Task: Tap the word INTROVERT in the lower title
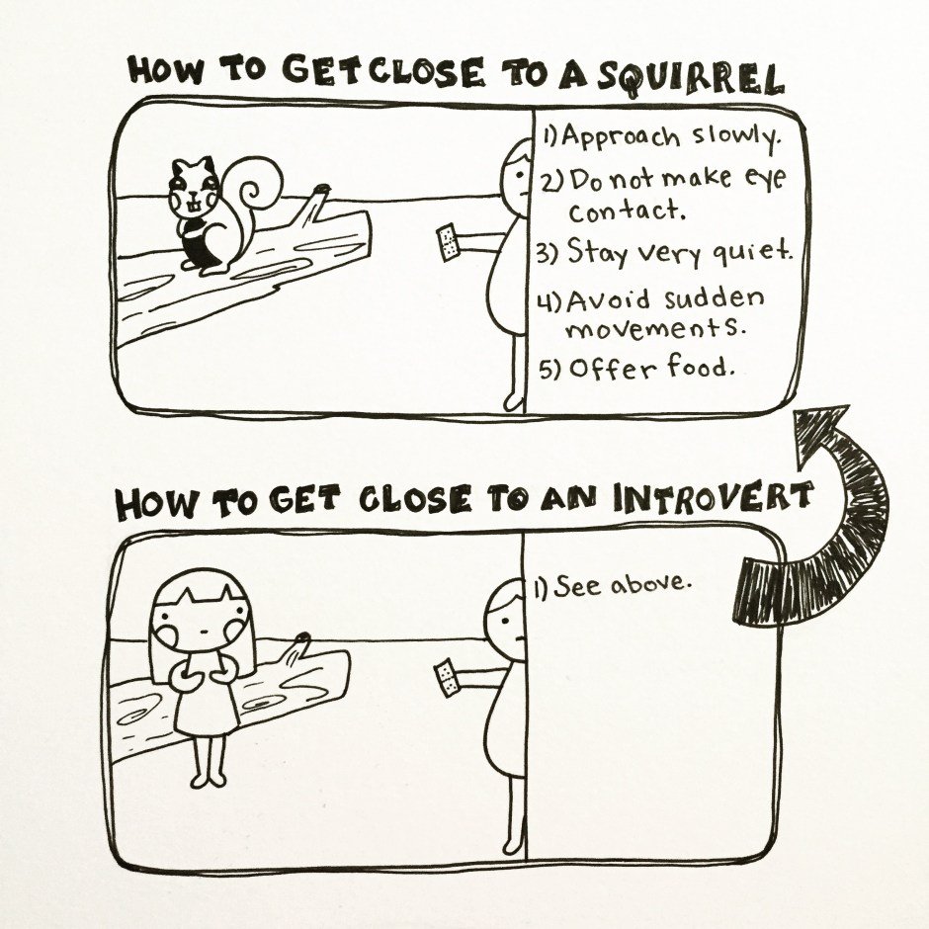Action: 713,498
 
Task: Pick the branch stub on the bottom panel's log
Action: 296,650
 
